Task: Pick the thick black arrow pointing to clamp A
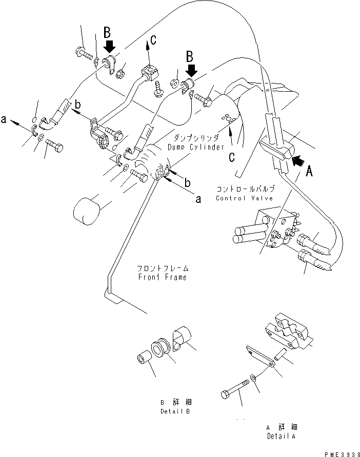[298, 161]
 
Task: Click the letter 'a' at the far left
[4, 120]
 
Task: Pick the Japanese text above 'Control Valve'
[239, 189]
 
